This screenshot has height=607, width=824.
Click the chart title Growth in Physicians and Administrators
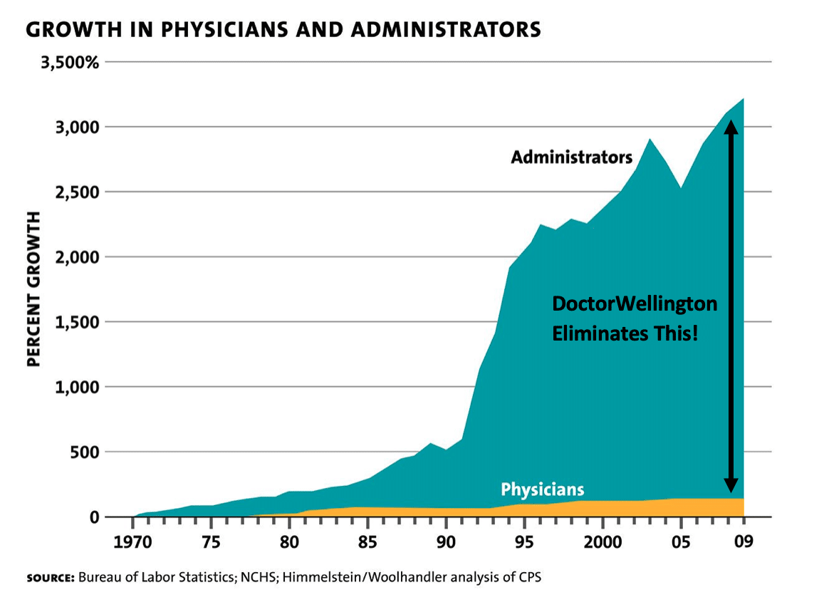[x=283, y=29]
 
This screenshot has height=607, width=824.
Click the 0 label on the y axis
[x=93, y=517]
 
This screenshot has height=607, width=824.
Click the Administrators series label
[x=571, y=157]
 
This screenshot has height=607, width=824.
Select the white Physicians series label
[x=542, y=489]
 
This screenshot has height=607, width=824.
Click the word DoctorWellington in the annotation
[x=635, y=304]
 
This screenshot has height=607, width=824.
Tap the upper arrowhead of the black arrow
[x=731, y=126]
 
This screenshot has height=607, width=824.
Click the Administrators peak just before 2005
[x=649, y=140]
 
